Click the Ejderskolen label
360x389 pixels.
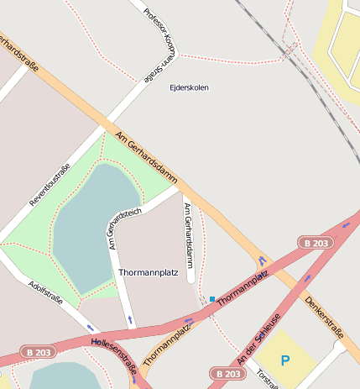coord(189,87)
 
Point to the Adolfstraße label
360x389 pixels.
coord(45,294)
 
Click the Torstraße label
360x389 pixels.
coord(267,380)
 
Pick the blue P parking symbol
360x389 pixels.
coord(285,361)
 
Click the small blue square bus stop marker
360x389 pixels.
coord(212,298)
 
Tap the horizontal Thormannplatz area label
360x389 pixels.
coord(149,273)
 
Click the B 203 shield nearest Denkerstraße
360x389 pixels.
coord(315,243)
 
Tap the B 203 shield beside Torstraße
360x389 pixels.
coord(227,373)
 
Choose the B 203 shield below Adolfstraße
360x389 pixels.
coord(38,352)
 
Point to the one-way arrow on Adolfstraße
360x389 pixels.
coord(89,327)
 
